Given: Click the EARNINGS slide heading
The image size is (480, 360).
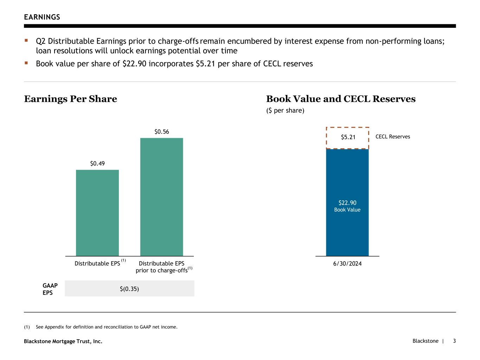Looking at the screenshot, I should point(42,17).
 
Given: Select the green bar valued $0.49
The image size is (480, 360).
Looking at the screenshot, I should point(97,213).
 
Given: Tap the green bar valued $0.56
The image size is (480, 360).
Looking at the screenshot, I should point(161,197).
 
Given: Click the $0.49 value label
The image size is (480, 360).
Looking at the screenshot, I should point(97,163).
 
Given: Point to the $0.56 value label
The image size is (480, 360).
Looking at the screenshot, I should point(161,132).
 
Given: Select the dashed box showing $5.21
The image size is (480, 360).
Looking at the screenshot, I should point(347,137).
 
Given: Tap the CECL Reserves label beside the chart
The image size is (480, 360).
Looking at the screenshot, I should point(392,137).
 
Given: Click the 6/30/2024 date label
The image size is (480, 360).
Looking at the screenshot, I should point(347,264).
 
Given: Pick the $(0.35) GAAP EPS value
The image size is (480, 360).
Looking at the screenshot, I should point(129,289).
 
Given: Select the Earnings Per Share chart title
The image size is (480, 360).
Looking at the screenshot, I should point(70,99).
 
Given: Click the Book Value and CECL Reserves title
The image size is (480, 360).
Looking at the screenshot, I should point(340,99).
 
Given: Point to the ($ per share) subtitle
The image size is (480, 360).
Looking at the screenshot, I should point(285,111).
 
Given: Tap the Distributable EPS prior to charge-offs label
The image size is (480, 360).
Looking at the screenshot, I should point(162,267).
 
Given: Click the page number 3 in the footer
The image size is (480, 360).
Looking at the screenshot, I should point(454,341).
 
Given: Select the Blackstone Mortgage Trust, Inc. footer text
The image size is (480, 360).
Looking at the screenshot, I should point(63,341).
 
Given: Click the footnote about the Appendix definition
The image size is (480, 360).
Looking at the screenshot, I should point(106,327).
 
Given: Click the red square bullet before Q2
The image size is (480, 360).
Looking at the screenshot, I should point(26,41).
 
